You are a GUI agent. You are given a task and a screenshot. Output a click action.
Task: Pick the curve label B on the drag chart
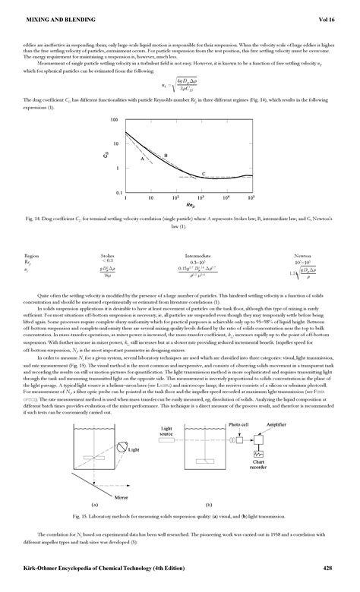point(165,155)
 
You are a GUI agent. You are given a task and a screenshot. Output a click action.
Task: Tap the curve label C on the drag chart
point(203,175)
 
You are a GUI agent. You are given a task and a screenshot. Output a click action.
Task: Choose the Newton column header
point(302,256)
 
